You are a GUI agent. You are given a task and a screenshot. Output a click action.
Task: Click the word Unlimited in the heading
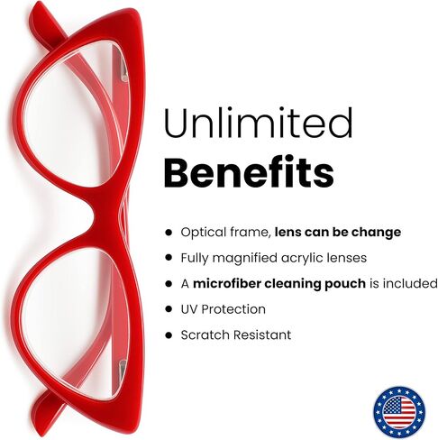coord(259,123)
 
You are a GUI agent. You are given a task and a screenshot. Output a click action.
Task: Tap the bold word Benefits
coord(249,171)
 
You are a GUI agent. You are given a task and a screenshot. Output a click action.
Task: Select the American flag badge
coord(399,412)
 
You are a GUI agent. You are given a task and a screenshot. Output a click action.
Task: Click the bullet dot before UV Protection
coord(169,309)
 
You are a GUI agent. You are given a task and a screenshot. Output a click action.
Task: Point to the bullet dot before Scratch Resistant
coord(169,335)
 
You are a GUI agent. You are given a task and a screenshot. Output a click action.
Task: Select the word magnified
coord(245,258)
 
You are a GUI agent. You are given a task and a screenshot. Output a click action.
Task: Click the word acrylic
coord(298,258)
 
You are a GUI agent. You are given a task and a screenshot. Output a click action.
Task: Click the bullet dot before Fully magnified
coord(169,258)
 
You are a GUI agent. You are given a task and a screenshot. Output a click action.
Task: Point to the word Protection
coord(233,309)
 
